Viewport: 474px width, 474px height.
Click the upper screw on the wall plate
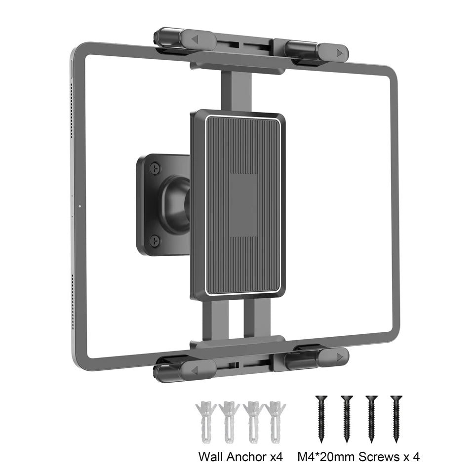point(155,169)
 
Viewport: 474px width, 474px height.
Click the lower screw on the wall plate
point(155,240)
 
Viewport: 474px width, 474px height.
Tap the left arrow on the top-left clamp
point(195,39)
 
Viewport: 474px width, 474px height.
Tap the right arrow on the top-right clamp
point(339,51)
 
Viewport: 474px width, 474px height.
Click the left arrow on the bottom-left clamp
point(194,370)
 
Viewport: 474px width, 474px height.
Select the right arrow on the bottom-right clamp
point(339,356)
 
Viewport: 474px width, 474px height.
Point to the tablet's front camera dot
point(79,204)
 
